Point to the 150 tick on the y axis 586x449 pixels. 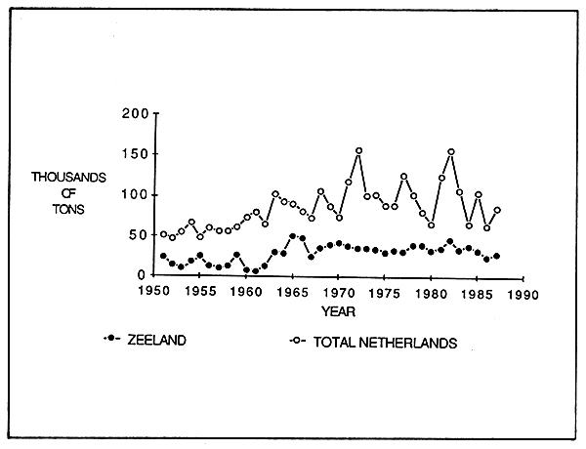134,153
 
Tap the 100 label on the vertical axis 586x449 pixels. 134,194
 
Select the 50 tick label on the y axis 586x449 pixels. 138,235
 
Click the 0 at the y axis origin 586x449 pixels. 142,275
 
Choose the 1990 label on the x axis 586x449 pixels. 523,291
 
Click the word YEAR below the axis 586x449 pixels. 337,310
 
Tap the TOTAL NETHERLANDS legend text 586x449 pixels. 387,343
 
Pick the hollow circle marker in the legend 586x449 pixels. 297,342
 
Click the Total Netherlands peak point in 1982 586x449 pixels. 450,152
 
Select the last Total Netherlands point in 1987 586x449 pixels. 496,210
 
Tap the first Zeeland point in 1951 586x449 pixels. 163,256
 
